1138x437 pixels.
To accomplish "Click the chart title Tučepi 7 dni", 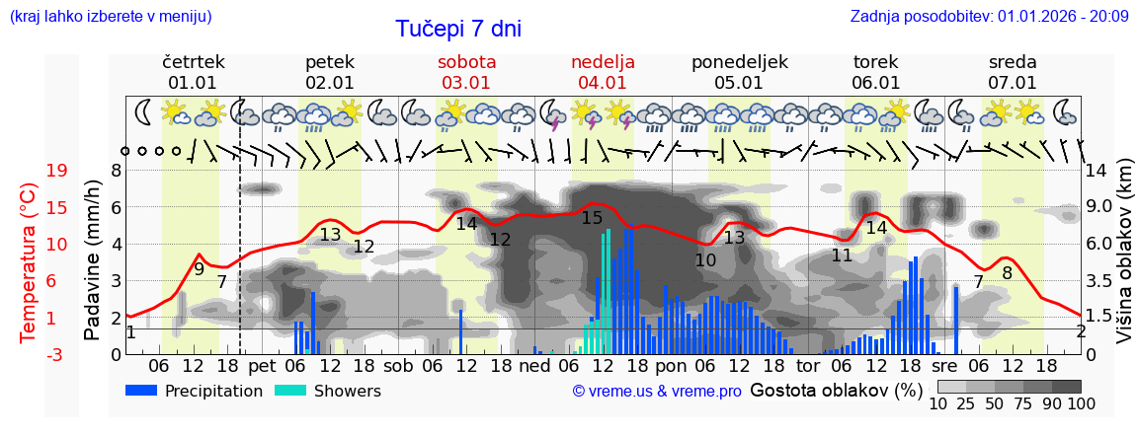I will tap(458, 30).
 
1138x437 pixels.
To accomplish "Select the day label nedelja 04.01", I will tap(603, 72).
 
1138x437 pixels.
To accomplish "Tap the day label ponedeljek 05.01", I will tap(739, 72).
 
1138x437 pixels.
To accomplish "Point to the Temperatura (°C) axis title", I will tap(29, 261).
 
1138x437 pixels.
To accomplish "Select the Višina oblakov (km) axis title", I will tap(1124, 261).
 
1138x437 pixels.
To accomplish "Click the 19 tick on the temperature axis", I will tap(30, 171).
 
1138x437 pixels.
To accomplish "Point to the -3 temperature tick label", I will tap(30, 354).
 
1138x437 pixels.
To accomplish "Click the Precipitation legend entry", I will tap(195, 391).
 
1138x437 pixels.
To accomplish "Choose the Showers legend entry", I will tap(326, 391).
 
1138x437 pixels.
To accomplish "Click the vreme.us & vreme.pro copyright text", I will tap(657, 391).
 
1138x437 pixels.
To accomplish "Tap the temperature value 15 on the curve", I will tap(592, 218).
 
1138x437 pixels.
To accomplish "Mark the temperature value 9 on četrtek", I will tap(199, 268).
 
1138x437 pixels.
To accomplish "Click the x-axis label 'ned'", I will tap(534, 366).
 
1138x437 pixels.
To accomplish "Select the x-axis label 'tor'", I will tap(808, 366).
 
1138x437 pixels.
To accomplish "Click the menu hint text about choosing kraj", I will tap(111, 16).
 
